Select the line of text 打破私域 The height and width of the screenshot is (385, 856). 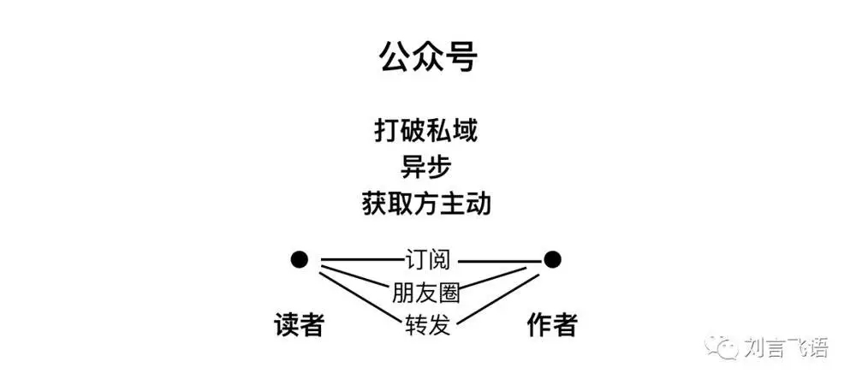click(x=426, y=132)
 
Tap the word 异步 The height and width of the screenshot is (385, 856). click(x=426, y=168)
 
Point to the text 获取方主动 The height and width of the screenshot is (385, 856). click(x=426, y=204)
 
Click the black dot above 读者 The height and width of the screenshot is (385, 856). click(x=299, y=259)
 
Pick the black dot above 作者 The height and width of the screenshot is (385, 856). click(x=552, y=259)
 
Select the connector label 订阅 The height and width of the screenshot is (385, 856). click(x=428, y=259)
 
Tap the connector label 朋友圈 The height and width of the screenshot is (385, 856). click(x=426, y=293)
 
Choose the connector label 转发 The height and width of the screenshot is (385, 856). click(x=428, y=326)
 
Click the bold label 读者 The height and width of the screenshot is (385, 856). click(x=299, y=326)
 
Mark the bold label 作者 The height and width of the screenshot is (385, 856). click(x=552, y=326)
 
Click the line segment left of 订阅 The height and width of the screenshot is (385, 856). click(x=361, y=260)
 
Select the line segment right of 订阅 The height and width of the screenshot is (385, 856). click(x=498, y=262)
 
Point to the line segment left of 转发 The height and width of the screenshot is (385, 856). click(x=361, y=297)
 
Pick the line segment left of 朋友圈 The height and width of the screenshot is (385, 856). click(x=356, y=276)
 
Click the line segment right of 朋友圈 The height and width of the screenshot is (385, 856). click(x=493, y=279)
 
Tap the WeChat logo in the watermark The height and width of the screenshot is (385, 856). click(x=722, y=346)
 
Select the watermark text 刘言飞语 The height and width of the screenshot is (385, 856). click(x=786, y=347)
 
